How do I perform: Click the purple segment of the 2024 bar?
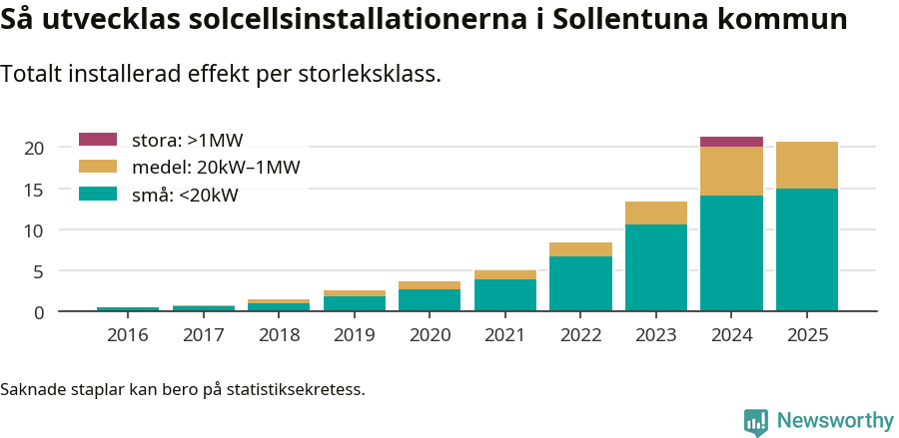click(x=731, y=142)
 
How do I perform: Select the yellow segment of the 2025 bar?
click(x=807, y=165)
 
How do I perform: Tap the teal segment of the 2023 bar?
click(x=656, y=267)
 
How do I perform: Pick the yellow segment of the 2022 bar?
click(x=580, y=249)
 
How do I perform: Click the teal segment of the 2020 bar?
click(x=430, y=300)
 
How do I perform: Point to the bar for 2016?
click(x=128, y=309)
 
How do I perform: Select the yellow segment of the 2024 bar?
click(x=731, y=171)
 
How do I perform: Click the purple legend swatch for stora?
click(x=98, y=140)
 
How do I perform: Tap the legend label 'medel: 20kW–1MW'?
click(x=216, y=168)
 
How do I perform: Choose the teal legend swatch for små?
click(x=98, y=195)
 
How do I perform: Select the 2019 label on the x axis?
click(x=355, y=335)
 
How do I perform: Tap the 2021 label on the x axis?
click(x=505, y=335)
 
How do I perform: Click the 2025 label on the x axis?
click(x=807, y=335)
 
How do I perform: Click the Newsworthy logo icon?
click(x=756, y=421)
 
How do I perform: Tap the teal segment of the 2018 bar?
click(x=279, y=307)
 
